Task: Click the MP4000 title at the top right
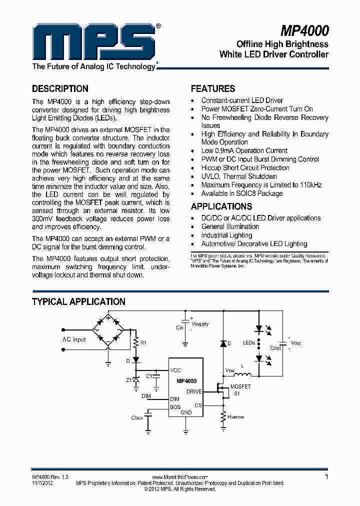(304, 31)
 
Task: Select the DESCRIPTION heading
(60, 89)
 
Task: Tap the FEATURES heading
(213, 89)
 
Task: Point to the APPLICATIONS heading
(221, 206)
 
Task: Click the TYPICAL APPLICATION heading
(78, 302)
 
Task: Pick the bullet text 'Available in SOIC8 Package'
(241, 193)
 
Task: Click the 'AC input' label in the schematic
(73, 339)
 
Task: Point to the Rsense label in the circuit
(235, 416)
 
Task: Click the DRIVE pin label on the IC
(193, 391)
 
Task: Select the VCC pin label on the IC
(175, 370)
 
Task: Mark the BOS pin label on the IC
(175, 407)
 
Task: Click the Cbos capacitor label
(136, 417)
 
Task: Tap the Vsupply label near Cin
(200, 324)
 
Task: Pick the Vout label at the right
(296, 343)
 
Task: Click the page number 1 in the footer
(326, 477)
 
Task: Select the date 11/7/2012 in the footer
(42, 483)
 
